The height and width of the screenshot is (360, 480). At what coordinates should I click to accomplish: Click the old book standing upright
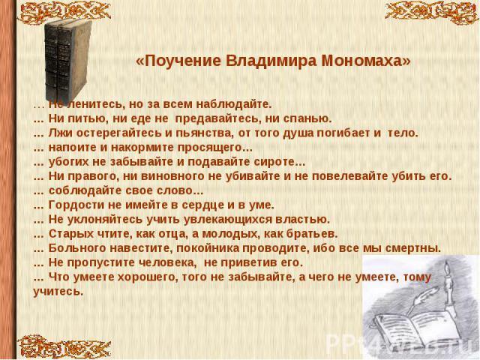click(68, 61)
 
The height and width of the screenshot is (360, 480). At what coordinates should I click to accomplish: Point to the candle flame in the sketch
click(447, 267)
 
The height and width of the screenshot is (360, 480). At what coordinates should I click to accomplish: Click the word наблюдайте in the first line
click(233, 105)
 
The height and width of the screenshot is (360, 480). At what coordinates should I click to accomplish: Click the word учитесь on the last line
click(58, 292)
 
